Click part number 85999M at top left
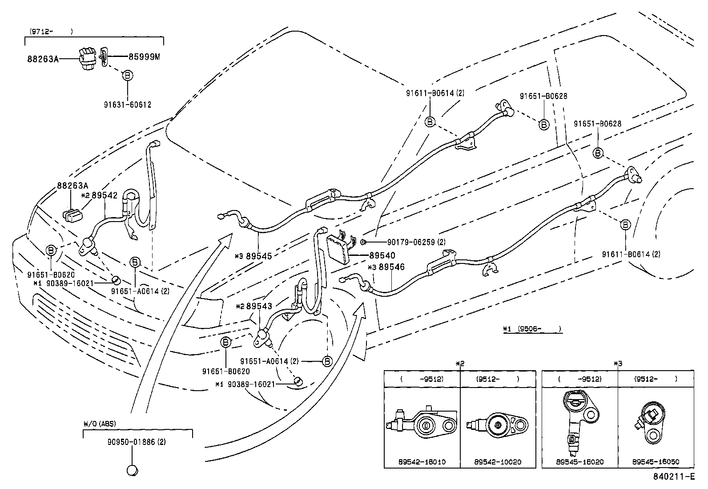coord(144,57)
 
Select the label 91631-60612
coord(128,105)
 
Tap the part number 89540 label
coord(382,256)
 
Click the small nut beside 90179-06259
coord(363,242)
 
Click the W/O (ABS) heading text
coord(99,424)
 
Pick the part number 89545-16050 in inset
coord(656,462)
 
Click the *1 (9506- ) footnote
coord(533,329)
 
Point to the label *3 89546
coord(386,267)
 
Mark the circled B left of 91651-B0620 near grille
coord(51,251)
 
